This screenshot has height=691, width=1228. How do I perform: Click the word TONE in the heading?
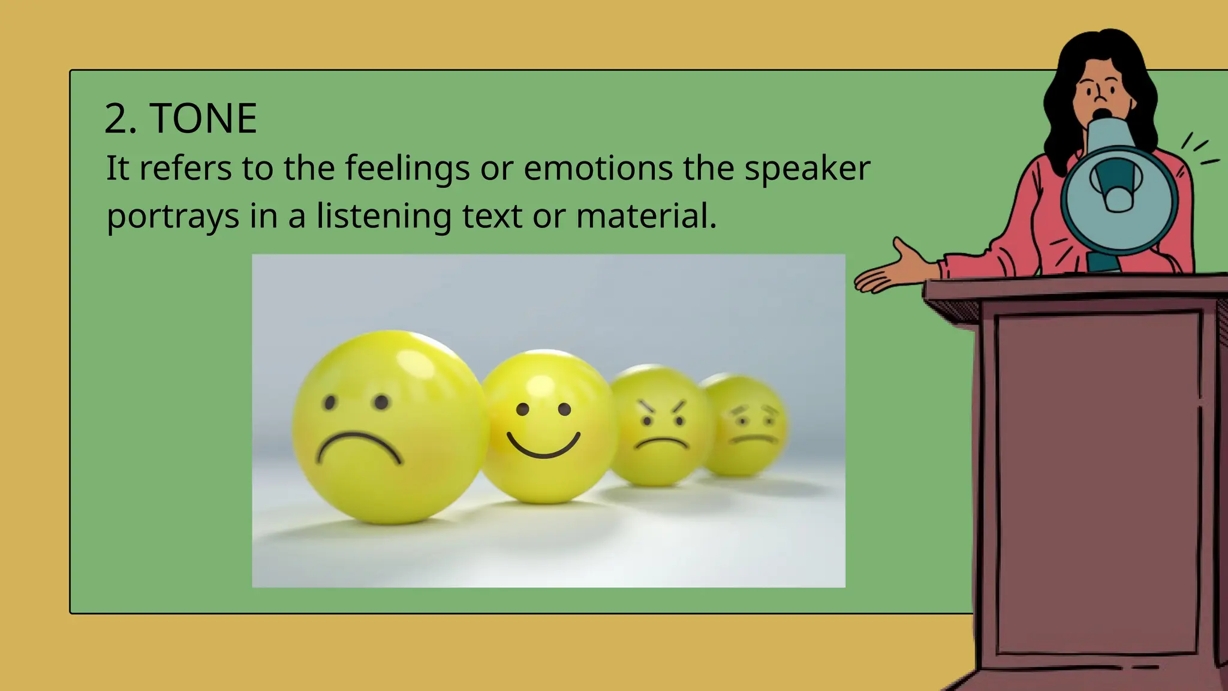203,118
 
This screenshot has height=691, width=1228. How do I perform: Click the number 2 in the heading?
116,118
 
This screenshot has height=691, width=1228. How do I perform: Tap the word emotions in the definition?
598,169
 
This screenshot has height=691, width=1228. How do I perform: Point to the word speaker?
807,169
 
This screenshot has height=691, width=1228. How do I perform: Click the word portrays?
173,217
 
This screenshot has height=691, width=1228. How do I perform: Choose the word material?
646,217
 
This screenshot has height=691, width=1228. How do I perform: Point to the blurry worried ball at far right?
747,425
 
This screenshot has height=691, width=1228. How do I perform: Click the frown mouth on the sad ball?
359,447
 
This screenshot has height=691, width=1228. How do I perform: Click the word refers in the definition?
185,169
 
